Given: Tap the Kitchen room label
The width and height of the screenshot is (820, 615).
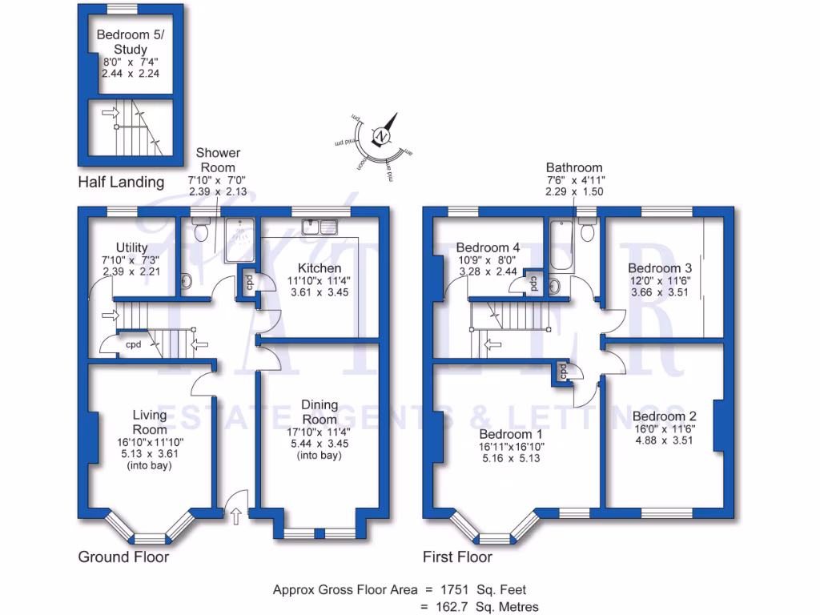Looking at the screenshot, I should click(x=320, y=267).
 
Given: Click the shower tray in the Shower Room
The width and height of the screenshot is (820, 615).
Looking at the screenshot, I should click(x=238, y=239).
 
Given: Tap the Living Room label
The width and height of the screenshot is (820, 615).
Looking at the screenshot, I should click(x=150, y=422).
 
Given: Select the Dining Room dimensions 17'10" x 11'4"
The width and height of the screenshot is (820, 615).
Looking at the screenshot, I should click(x=320, y=432).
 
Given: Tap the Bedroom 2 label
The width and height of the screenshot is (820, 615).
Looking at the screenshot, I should click(x=664, y=416).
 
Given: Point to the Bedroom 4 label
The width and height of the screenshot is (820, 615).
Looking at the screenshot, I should click(x=488, y=247).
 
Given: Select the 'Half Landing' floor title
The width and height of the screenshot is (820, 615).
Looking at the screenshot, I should click(x=121, y=183).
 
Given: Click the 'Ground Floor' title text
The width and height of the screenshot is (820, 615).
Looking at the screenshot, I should click(x=123, y=557).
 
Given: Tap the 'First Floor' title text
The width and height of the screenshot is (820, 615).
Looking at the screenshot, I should click(x=457, y=557).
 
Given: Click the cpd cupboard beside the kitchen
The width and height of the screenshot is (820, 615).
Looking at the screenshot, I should click(x=249, y=283).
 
